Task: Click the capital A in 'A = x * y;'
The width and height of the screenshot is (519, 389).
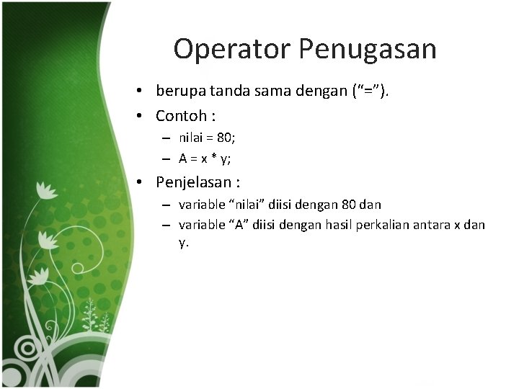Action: coord(183,158)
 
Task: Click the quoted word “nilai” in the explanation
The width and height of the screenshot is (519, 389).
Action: coord(245,205)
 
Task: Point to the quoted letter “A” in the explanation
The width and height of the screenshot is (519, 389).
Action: coord(240,225)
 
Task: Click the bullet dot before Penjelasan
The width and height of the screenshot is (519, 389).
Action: coord(145,182)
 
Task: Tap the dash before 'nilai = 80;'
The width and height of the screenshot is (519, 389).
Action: coord(165,138)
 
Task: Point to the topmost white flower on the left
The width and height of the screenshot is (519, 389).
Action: coord(47,189)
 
